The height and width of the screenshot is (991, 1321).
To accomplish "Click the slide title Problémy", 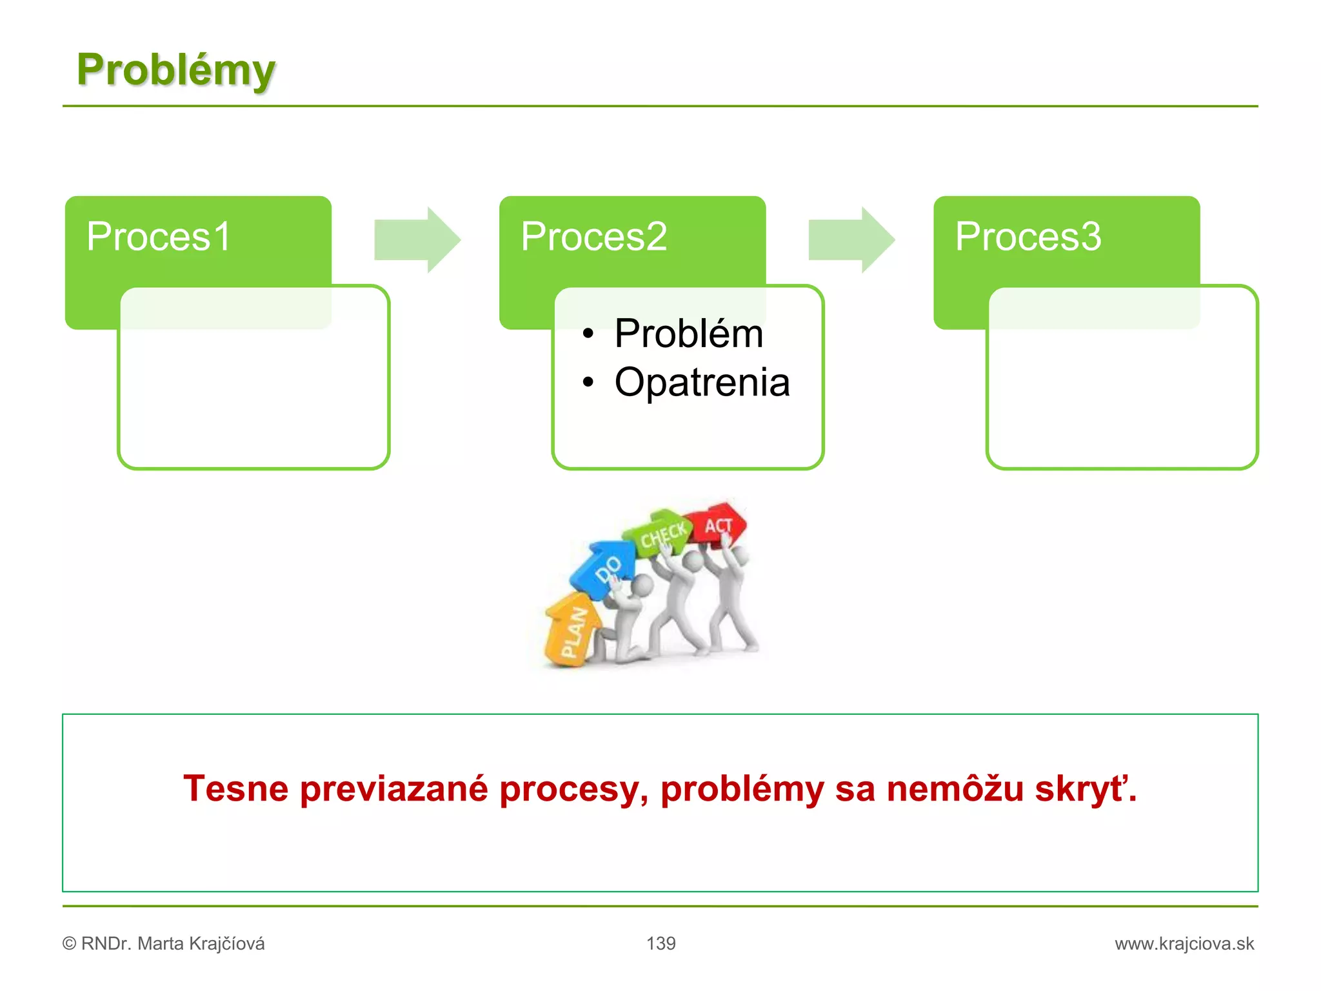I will [175, 70].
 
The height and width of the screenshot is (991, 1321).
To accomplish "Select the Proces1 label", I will [159, 236].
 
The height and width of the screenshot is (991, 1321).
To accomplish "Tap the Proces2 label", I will [593, 236].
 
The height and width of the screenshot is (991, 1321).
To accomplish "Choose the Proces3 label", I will [1028, 236].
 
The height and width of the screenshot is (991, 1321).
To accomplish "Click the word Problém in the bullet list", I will [688, 334].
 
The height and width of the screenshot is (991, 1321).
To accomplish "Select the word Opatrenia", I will [702, 382].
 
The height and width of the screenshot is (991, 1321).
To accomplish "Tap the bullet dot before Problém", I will [588, 334].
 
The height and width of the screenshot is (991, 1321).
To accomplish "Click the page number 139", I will [660, 943].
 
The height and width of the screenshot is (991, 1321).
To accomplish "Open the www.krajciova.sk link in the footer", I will [1184, 943].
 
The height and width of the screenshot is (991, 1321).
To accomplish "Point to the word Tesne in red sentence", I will [235, 788].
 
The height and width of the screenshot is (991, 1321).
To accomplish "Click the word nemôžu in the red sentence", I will [955, 788].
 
